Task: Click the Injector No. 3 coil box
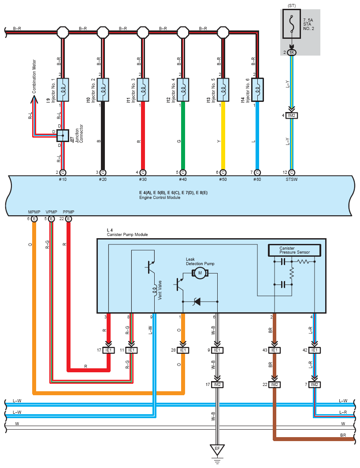tap(143, 90)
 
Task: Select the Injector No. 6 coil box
tap(257, 90)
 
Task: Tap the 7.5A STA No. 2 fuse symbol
tap(292, 24)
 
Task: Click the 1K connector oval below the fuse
tap(292, 52)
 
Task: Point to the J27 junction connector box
tap(63, 135)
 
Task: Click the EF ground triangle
tap(217, 449)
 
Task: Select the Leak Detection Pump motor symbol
tap(200, 273)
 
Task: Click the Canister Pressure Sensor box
tap(294, 250)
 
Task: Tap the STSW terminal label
tap(291, 180)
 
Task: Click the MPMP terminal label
tap(34, 212)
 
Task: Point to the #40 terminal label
tap(183, 180)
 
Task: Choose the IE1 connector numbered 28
tap(183, 350)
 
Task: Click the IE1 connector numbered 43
tap(275, 350)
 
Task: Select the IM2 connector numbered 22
tap(275, 385)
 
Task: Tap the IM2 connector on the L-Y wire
tap(292, 116)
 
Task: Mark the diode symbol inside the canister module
tap(197, 301)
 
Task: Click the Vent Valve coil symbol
tap(155, 290)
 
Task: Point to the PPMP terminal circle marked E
tap(69, 219)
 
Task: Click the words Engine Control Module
tap(160, 198)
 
